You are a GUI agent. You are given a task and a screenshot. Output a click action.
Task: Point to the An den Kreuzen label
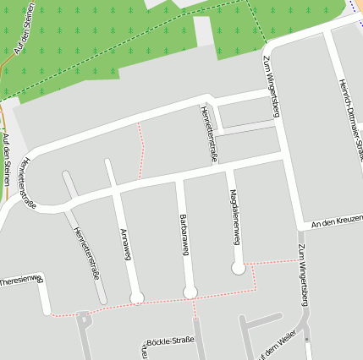pos(336,223)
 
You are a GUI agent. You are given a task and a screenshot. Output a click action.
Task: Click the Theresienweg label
pos(21,280)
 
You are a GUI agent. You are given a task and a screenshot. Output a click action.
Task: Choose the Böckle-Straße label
pos(169,341)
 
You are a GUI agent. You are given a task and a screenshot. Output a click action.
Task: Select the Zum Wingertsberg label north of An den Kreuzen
pos(270,85)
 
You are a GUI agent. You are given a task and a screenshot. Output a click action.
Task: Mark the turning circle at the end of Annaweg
pos(136,297)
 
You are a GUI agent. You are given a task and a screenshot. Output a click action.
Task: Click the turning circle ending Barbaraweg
pos(190,292)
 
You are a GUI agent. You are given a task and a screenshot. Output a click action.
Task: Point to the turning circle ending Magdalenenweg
pos(239,268)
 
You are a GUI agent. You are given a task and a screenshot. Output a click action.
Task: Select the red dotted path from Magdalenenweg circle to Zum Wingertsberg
pos(271,261)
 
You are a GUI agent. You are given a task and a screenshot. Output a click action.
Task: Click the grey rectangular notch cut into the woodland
pos(204,31)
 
